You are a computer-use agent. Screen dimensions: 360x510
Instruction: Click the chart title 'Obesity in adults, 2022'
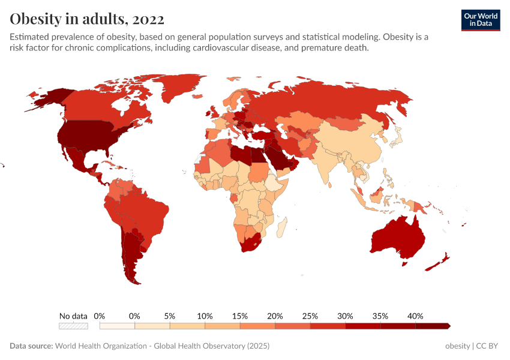point(87,19)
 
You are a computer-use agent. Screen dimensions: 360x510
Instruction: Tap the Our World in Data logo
point(480,20)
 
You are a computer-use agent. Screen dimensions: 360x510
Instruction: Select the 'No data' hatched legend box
point(73,326)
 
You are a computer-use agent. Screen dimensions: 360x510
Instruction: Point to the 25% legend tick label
point(310,316)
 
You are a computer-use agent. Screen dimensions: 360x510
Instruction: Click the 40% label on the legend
point(415,316)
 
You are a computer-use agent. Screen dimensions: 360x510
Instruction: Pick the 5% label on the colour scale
point(170,316)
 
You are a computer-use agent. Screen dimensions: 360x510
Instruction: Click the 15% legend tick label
point(240,316)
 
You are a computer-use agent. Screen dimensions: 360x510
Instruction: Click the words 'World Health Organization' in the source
point(103,346)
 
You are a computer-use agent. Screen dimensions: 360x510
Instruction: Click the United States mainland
point(90,137)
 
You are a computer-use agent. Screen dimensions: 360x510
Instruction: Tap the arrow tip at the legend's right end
point(448,326)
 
